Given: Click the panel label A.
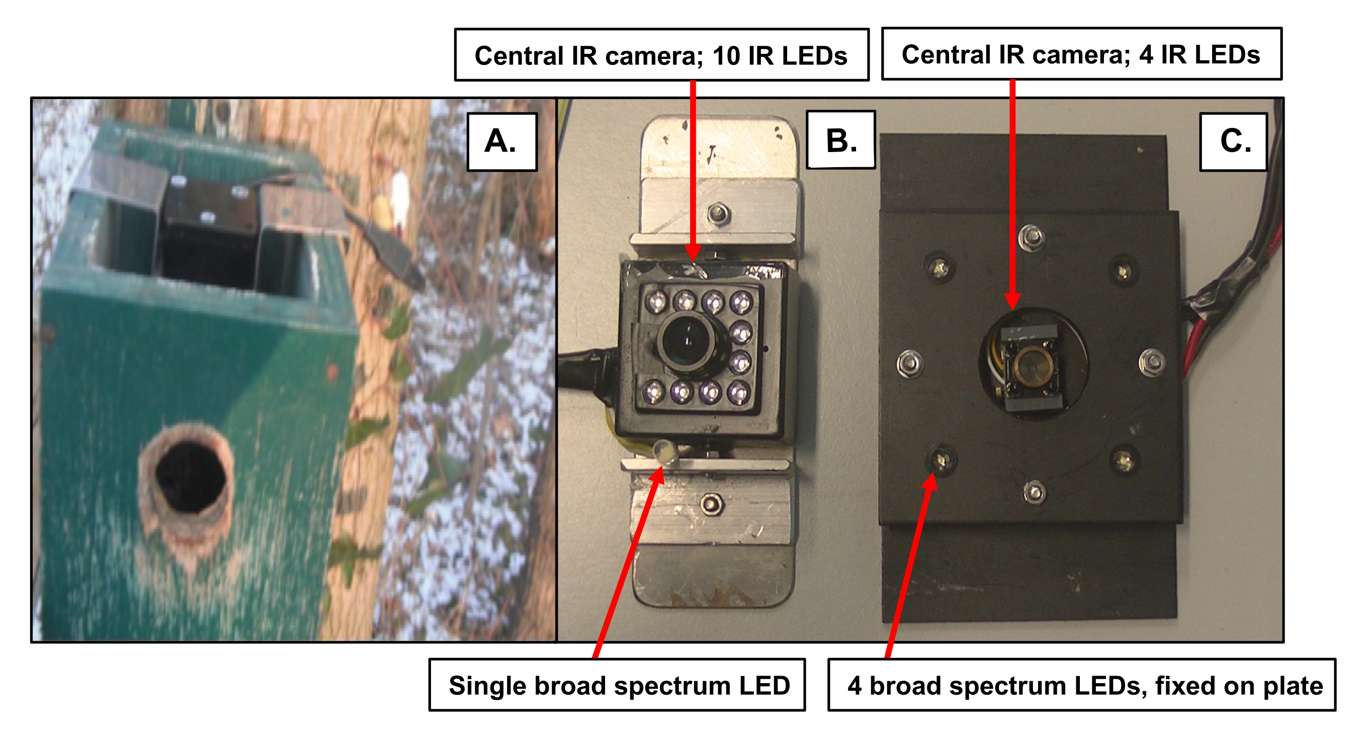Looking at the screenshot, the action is point(501,142).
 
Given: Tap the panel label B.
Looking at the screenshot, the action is point(840,141).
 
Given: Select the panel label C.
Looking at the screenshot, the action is point(1235,142).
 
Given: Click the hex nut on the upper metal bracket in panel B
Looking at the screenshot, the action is point(718,214).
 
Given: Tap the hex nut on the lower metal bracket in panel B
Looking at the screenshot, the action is point(710,504).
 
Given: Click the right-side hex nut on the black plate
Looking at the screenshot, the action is point(1151,363).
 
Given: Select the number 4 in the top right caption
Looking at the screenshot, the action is point(1146,55).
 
